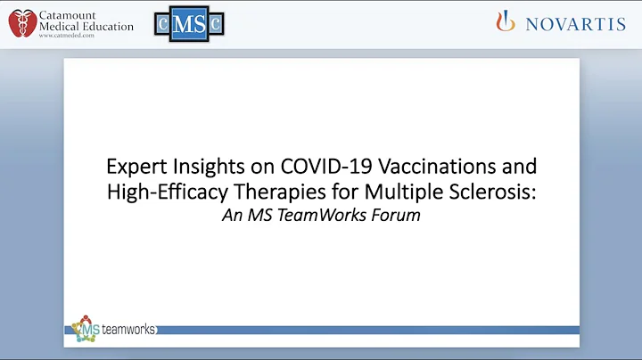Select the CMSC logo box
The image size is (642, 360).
tap(189, 26)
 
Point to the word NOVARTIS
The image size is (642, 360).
tap(575, 24)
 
